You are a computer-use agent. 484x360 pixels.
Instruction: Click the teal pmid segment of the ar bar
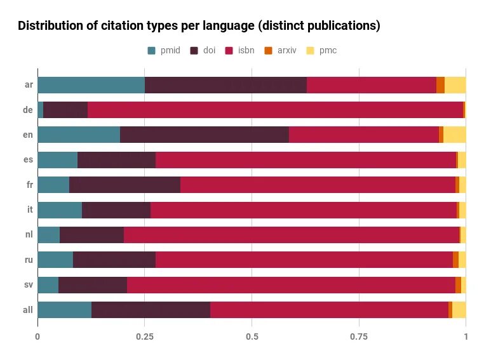pyautogui.click(x=91, y=85)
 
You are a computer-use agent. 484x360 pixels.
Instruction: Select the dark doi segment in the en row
pyautogui.click(x=205, y=135)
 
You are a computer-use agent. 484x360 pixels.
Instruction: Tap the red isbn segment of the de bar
pyautogui.click(x=275, y=109)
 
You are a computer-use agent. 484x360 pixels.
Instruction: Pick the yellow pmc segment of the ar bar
pyautogui.click(x=455, y=85)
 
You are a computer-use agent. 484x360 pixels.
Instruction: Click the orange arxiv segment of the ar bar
pyautogui.click(x=440, y=85)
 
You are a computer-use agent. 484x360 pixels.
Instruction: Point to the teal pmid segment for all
pyautogui.click(x=65, y=310)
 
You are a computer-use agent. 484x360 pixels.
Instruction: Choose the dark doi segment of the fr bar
pyautogui.click(x=124, y=185)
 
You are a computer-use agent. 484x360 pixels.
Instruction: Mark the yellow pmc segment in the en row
pyautogui.click(x=455, y=135)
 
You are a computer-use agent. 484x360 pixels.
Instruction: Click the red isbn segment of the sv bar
pyautogui.click(x=291, y=284)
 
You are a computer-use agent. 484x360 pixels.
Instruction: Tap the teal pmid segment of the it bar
pyautogui.click(x=60, y=210)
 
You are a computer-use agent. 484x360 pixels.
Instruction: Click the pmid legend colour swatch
pyautogui.click(x=152, y=51)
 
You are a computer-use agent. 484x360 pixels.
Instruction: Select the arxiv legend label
pyautogui.click(x=286, y=50)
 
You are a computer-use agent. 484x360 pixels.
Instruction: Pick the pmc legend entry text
pyautogui.click(x=328, y=51)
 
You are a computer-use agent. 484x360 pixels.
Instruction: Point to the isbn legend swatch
pyautogui.click(x=229, y=51)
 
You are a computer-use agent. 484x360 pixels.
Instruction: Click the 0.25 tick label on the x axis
pyautogui.click(x=145, y=337)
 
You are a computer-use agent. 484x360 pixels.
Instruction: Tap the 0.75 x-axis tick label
pyautogui.click(x=359, y=337)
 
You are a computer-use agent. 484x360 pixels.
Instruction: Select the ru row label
pyautogui.click(x=29, y=260)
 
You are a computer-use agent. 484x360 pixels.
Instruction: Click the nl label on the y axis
pyautogui.click(x=29, y=234)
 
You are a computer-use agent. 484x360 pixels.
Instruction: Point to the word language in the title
pyautogui.click(x=228, y=26)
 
